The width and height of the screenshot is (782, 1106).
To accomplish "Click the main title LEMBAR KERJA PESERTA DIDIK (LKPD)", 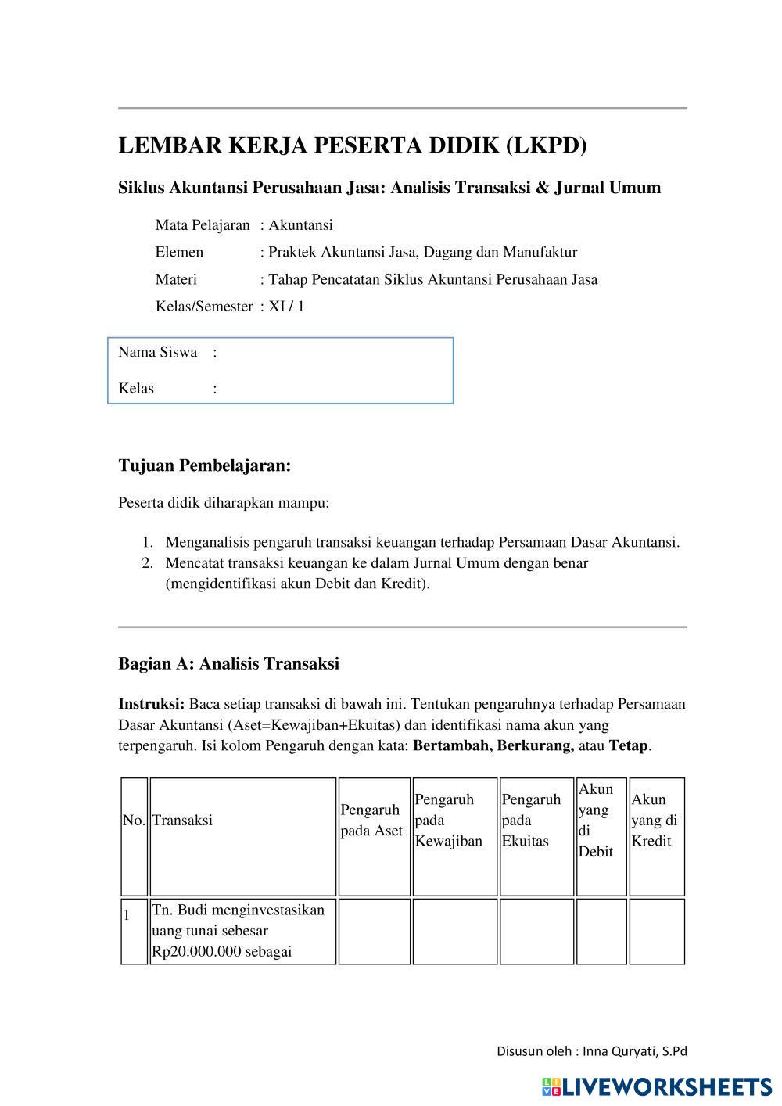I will pyautogui.click(x=352, y=145).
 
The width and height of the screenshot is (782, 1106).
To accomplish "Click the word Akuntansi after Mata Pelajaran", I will pyautogui.click(x=301, y=225).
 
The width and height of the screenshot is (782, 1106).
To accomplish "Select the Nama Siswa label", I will pyautogui.click(x=157, y=352).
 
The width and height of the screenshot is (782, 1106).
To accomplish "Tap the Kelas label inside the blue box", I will pyautogui.click(x=136, y=388).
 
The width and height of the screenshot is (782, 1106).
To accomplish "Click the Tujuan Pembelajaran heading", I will pyautogui.click(x=204, y=465).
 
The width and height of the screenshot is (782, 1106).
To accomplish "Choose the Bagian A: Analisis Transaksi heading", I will pyautogui.click(x=228, y=663).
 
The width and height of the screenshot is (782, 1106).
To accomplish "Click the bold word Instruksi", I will pyautogui.click(x=150, y=703).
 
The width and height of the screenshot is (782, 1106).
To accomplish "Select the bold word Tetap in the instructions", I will pyautogui.click(x=628, y=745).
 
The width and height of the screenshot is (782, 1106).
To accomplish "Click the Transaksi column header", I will pyautogui.click(x=182, y=820).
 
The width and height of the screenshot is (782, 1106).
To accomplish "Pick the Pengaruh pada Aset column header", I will pyautogui.click(x=371, y=820).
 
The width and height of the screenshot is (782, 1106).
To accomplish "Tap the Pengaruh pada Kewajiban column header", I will pyautogui.click(x=449, y=820).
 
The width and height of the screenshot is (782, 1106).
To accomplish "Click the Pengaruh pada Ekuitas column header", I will pyautogui.click(x=531, y=820).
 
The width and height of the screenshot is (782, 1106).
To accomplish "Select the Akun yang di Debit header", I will pyautogui.click(x=596, y=820).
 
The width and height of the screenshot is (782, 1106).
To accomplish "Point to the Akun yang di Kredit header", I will pyautogui.click(x=654, y=820).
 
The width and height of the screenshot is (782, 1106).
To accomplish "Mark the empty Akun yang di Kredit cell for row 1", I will pyautogui.click(x=656, y=931).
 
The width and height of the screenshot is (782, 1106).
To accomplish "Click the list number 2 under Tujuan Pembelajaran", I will pyautogui.click(x=147, y=562).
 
